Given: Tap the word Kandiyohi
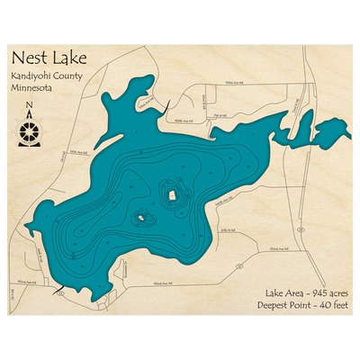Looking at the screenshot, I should [35, 76].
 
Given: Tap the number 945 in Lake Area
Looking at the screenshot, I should [309, 293].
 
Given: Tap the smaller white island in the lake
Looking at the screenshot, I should [140, 217].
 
